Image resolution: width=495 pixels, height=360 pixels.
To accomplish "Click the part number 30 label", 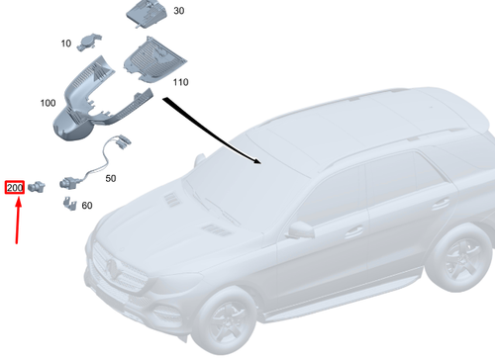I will click(179, 11).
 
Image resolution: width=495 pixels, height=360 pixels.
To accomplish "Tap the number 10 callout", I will click(65, 44).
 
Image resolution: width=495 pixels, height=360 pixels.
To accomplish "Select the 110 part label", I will click(180, 82).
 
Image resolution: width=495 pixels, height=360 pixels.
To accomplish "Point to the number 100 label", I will click(48, 102).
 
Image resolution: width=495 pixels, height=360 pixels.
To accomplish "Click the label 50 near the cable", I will click(110, 178).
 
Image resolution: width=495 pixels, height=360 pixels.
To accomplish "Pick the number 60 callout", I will click(86, 206).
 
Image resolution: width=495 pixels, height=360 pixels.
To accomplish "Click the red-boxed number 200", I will click(16, 187).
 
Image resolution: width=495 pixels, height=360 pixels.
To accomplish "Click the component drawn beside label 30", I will click(145, 14).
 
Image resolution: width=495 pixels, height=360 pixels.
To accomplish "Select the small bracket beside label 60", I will click(68, 205).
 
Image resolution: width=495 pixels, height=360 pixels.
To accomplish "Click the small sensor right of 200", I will click(41, 186).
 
